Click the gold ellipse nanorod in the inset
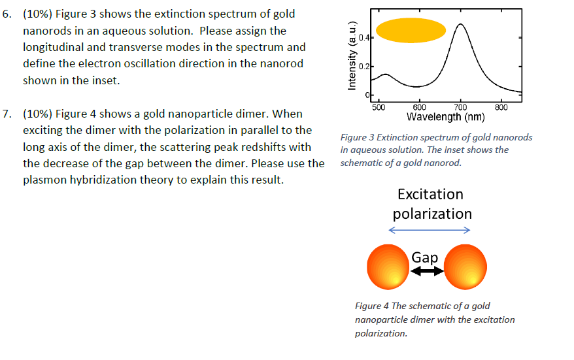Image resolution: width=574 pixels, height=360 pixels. tap(411, 31)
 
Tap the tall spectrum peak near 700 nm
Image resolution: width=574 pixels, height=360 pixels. tap(461, 25)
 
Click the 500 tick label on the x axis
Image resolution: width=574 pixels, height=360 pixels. tap(379, 108)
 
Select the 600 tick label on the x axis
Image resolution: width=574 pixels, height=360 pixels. tap(419, 108)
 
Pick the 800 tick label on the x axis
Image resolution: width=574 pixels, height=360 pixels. tap(501, 108)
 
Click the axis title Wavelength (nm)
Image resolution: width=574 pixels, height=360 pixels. tap(445, 118)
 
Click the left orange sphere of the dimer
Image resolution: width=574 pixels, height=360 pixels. tap(388, 268)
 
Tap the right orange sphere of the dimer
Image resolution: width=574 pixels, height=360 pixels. tap(465, 268)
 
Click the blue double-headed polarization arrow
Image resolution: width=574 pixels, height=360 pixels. tap(430, 230)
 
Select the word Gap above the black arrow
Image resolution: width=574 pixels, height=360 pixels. tap(425, 257)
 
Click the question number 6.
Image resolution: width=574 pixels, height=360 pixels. tap(7, 14)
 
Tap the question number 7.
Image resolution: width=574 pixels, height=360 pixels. tap(7, 114)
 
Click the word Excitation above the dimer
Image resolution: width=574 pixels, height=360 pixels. tap(430, 194)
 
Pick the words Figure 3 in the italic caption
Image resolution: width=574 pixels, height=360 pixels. tap(356, 137)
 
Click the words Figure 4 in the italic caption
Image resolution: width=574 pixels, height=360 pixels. tap(371, 306)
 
